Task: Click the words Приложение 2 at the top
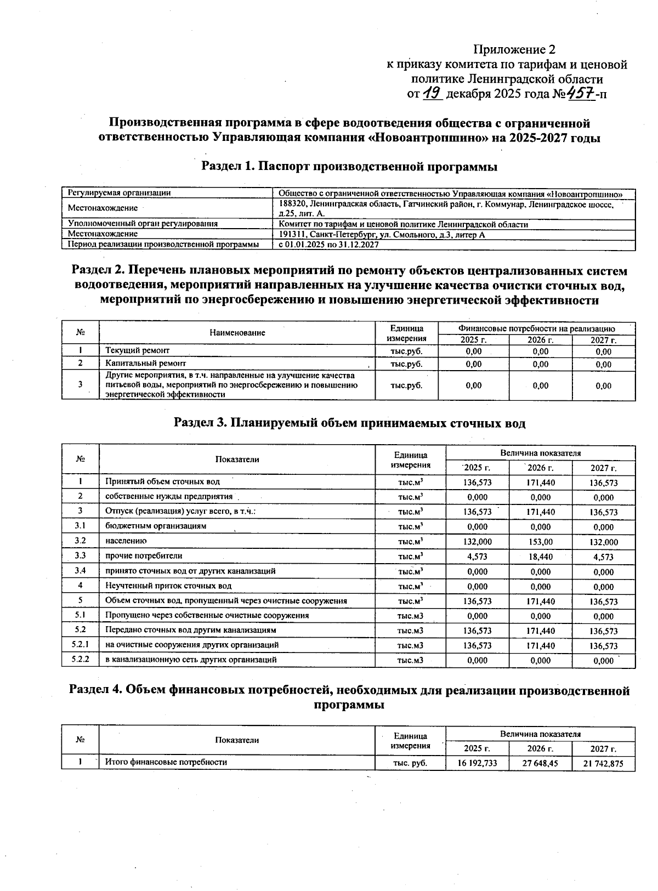click(514, 50)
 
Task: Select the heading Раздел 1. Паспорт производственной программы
click(349, 167)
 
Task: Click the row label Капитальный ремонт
click(145, 364)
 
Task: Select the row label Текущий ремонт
click(137, 350)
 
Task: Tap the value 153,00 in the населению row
click(540, 542)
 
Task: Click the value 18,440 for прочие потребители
click(540, 557)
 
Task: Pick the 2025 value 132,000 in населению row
click(477, 542)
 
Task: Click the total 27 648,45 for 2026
click(540, 763)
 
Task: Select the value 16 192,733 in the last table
click(477, 763)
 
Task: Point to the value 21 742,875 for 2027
click(603, 763)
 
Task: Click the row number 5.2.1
click(80, 645)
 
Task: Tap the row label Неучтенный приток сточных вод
click(168, 586)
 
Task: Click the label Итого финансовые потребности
click(166, 762)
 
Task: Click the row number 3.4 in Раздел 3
click(80, 571)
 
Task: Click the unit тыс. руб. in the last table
click(410, 763)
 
